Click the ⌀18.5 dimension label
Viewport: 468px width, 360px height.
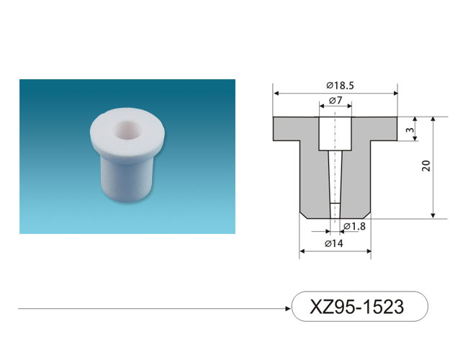340,86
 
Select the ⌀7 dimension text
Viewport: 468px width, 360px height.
336,100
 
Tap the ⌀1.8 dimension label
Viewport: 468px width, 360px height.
354,227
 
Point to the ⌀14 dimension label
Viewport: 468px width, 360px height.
334,243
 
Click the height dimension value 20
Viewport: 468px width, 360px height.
426,166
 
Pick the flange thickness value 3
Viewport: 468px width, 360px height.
410,130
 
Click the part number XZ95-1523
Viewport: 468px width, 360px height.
357,306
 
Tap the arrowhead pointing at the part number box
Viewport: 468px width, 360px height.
288,308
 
